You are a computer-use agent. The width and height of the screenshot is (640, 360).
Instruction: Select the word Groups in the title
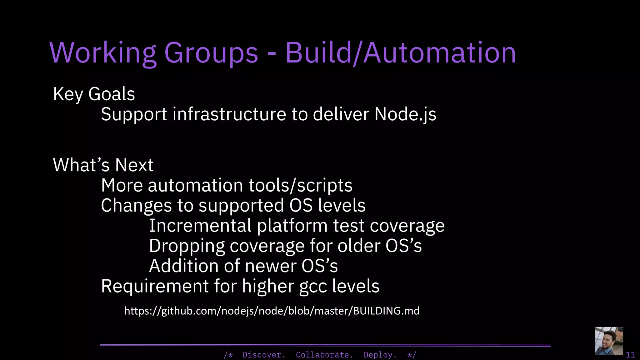coord(211,53)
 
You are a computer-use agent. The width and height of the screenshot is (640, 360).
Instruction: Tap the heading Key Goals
coord(94,94)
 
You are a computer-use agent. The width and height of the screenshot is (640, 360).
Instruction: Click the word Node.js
coord(405,114)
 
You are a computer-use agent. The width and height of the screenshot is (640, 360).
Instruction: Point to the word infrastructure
coord(229,114)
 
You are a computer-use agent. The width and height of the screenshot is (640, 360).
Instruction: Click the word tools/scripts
coord(300,185)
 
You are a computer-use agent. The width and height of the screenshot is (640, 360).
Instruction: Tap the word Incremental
coord(200,226)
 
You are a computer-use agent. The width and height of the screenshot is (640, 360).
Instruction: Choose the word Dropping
coord(187,246)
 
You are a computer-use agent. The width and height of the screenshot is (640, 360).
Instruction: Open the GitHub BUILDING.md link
coord(272,311)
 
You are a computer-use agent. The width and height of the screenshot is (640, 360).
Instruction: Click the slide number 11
coord(630,355)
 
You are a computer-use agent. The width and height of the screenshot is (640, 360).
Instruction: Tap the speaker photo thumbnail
coord(608,341)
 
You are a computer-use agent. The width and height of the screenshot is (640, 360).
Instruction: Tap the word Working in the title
coord(102,53)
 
